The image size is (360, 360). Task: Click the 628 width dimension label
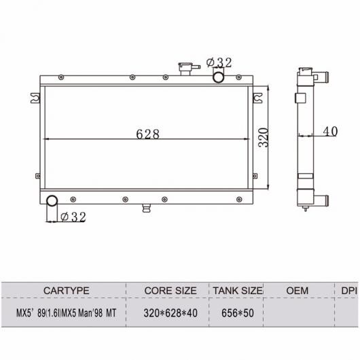click(x=147, y=134)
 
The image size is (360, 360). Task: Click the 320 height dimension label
click(x=263, y=137)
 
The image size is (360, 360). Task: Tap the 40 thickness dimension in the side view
click(x=330, y=131)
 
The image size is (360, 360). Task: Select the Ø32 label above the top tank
click(x=219, y=62)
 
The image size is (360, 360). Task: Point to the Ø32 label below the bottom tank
click(x=73, y=217)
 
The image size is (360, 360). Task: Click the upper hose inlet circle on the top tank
click(x=218, y=77)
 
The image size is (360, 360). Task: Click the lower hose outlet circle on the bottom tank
click(x=52, y=201)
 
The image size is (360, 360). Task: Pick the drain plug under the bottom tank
click(x=147, y=208)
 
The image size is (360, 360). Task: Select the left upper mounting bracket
click(x=35, y=98)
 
